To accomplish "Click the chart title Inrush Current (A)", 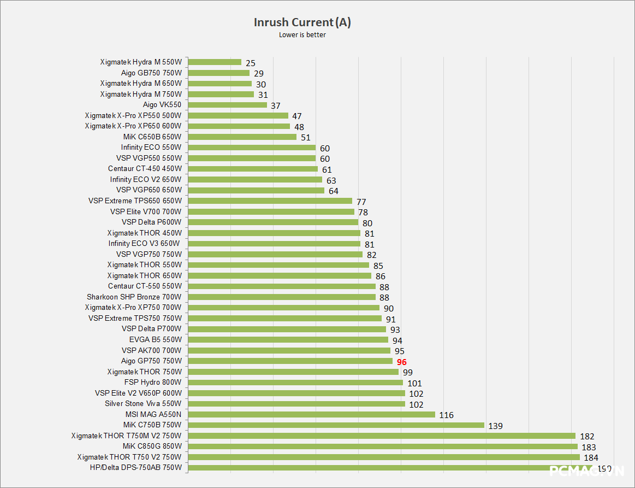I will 302,22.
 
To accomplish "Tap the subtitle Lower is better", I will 302,36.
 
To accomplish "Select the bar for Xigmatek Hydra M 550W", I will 215,62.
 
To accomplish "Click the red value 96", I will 402,362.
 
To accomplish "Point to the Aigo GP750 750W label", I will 151,361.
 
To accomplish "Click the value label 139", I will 496,426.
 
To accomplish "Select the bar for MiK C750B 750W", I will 336,425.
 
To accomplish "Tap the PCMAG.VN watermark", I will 587,470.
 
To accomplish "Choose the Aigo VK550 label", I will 162,104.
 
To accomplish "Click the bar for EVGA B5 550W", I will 288,340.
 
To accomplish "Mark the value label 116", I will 447,415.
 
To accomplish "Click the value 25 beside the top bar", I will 251,63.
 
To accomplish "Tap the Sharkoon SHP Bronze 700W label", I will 134,297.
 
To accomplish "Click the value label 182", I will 587,437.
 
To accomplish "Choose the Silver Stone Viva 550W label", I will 143,403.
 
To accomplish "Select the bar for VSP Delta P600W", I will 273,222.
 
